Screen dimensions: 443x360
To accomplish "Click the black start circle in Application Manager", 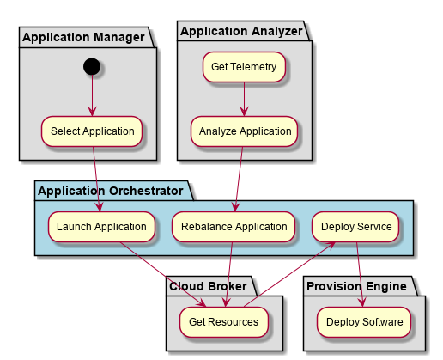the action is tap(92, 66).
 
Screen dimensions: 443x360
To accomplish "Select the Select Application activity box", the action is tap(92, 131).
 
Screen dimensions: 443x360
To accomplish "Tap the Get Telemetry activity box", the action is tap(244, 67).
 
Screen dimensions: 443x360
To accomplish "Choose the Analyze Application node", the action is tap(245, 131).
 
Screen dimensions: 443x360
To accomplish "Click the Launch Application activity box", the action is tap(101, 227).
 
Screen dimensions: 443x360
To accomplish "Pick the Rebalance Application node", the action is tap(234, 227).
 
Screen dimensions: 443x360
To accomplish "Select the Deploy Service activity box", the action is tap(355, 227).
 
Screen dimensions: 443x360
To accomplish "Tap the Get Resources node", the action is tap(224, 322).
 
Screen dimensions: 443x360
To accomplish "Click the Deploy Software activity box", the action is tap(364, 322).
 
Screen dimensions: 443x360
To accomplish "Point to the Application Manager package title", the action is tap(83, 37).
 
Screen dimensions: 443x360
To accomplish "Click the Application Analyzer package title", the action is tap(241, 31).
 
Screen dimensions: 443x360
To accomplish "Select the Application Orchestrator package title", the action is tap(111, 191).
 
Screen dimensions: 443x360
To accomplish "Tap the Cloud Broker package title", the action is tap(208, 286).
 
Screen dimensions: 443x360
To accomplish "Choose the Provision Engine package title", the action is tap(356, 286).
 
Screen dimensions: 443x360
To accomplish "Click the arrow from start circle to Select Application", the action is tap(92, 95).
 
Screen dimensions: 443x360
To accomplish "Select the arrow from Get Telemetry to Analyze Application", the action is tap(244, 99).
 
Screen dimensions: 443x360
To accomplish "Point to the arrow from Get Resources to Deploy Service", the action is tap(289, 274).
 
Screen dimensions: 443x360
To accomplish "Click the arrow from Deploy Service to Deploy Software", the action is tap(360, 274).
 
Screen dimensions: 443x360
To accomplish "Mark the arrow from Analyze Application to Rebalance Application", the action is tap(239, 180).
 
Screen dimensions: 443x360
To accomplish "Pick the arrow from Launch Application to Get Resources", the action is tap(162, 274).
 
